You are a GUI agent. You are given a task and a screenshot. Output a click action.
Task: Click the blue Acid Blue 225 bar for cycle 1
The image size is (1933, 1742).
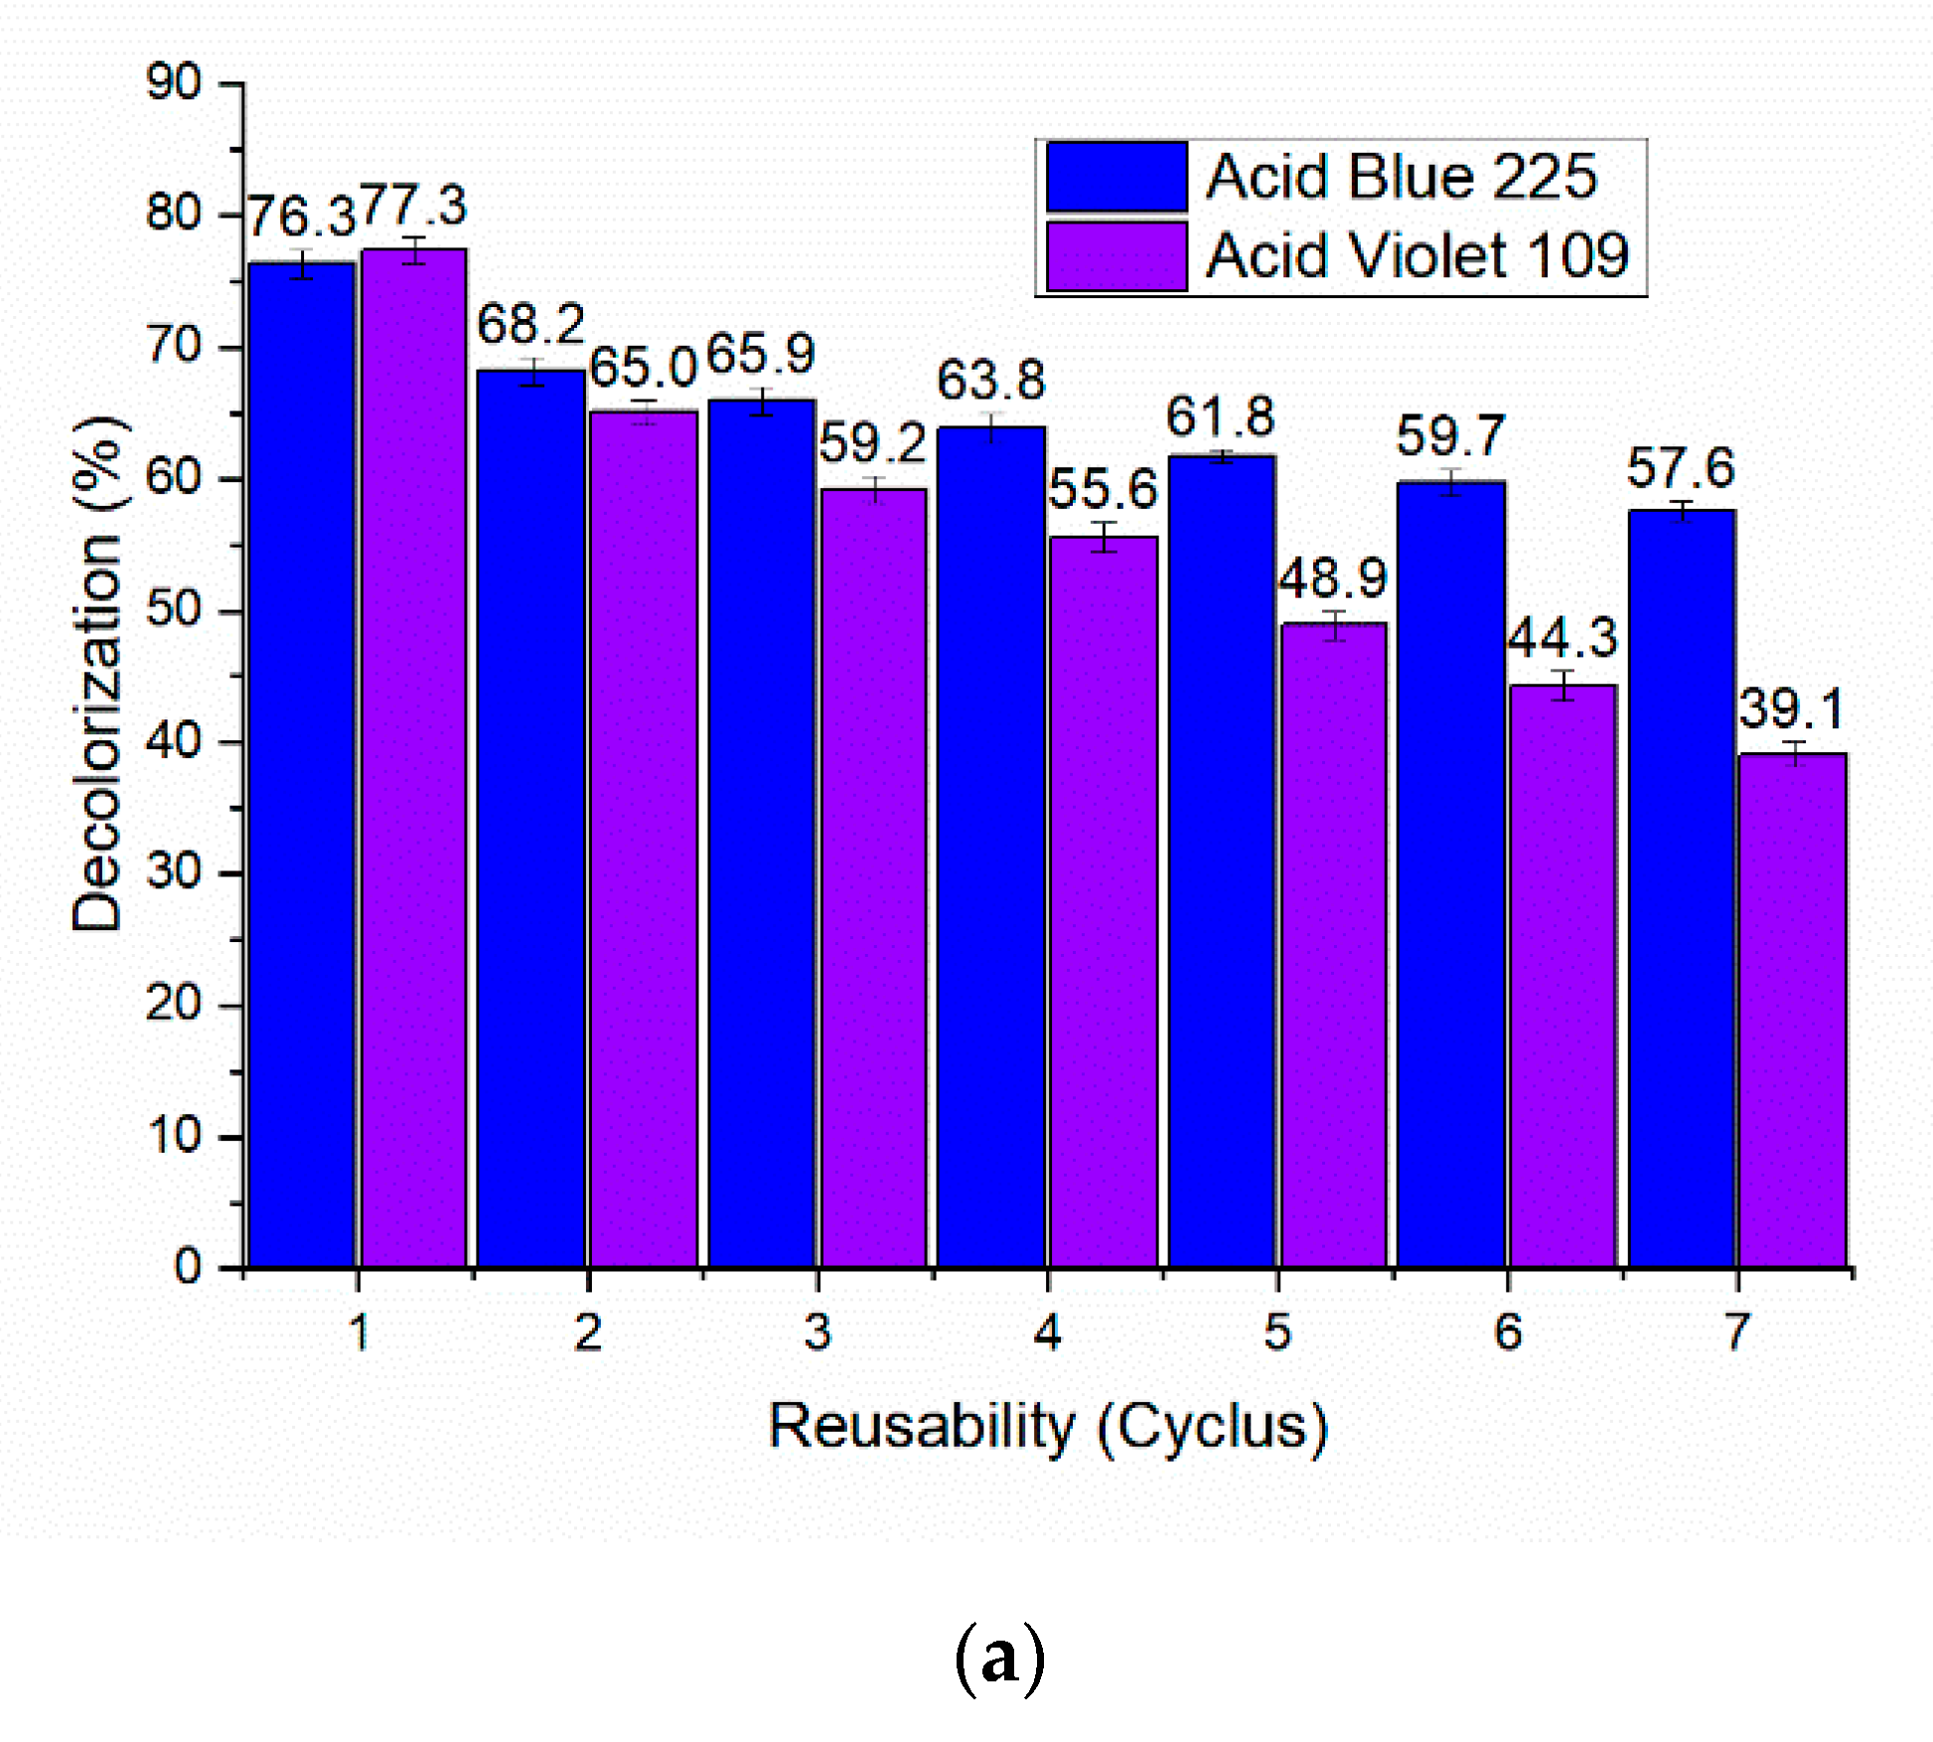(301, 765)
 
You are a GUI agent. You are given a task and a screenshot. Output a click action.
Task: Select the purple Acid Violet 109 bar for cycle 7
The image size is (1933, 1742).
(1792, 1009)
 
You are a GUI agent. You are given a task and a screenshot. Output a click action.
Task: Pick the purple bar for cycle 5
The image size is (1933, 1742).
(1333, 944)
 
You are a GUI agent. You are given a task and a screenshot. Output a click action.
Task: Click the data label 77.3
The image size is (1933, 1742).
(413, 207)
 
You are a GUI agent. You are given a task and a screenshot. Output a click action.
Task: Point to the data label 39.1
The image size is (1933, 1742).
(1791, 710)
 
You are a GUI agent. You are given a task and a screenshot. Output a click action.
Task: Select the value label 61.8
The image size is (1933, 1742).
(1220, 417)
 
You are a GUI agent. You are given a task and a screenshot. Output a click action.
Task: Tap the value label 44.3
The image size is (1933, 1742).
(1562, 638)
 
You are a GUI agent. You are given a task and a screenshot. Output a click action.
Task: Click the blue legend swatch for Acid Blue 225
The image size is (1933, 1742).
(1116, 177)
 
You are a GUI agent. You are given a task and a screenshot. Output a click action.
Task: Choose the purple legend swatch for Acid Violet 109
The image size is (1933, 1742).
(1116, 256)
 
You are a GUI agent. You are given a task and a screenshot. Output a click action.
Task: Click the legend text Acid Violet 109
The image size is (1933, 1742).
(1416, 255)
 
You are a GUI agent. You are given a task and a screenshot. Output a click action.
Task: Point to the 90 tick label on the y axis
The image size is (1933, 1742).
(174, 82)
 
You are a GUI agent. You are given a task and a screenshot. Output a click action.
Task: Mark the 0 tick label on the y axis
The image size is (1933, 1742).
(188, 1268)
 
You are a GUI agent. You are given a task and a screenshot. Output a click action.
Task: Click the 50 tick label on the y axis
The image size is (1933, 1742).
(174, 609)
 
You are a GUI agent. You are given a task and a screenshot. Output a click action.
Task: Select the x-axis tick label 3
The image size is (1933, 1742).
(818, 1333)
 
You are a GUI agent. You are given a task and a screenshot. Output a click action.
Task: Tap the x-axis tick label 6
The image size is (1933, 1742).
(1508, 1333)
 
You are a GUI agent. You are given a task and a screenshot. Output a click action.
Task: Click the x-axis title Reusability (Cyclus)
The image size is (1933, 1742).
(1048, 1428)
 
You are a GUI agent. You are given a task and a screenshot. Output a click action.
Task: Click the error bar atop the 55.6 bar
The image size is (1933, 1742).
(1104, 537)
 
